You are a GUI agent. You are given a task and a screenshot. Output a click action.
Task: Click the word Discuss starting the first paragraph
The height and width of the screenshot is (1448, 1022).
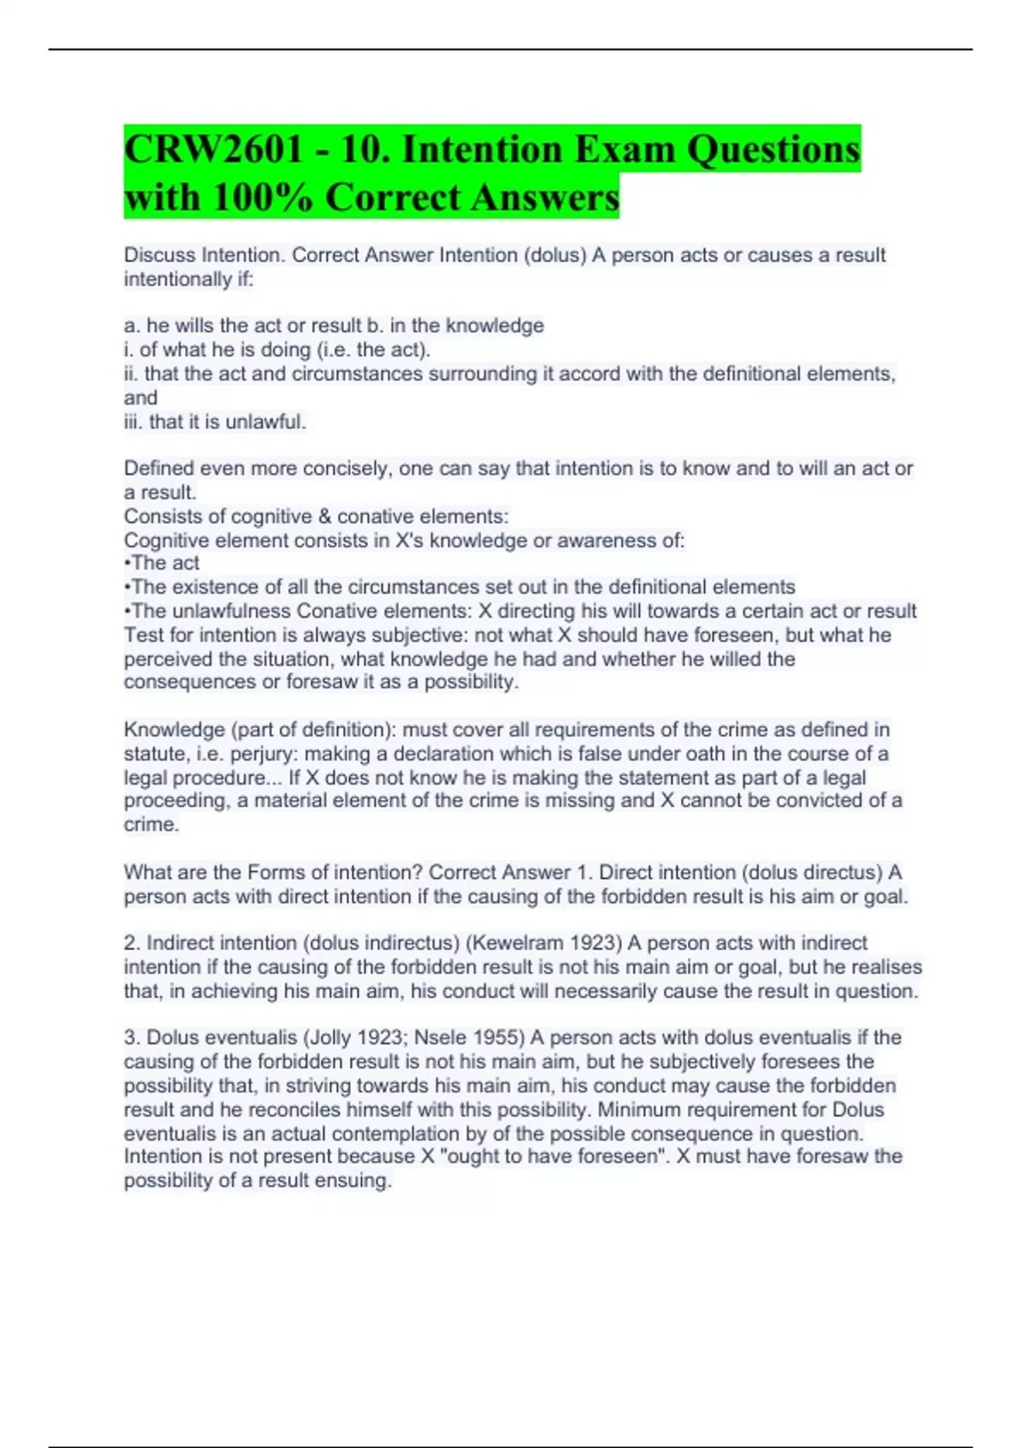coord(159,255)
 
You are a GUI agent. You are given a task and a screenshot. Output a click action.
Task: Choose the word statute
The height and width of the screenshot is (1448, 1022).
coord(156,754)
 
